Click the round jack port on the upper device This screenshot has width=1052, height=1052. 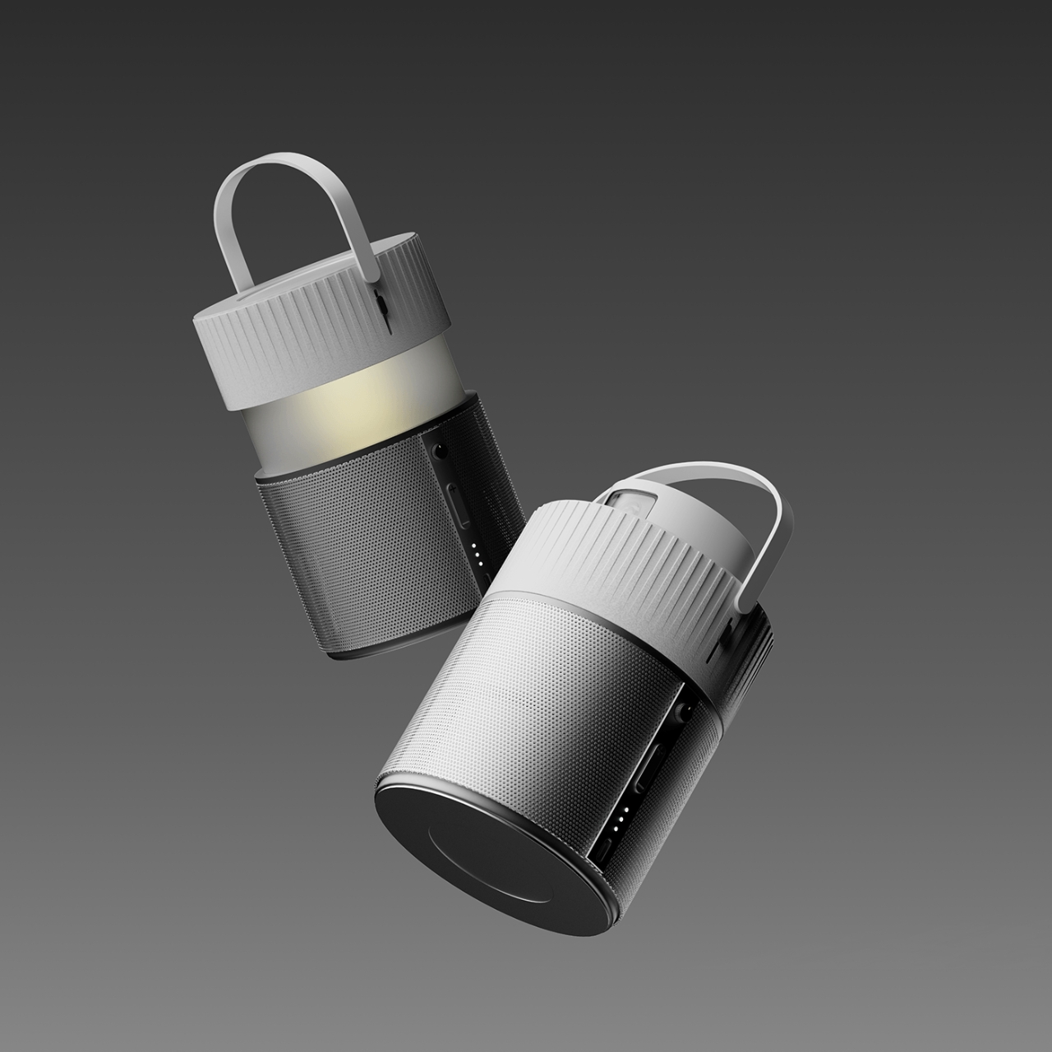point(441,451)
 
